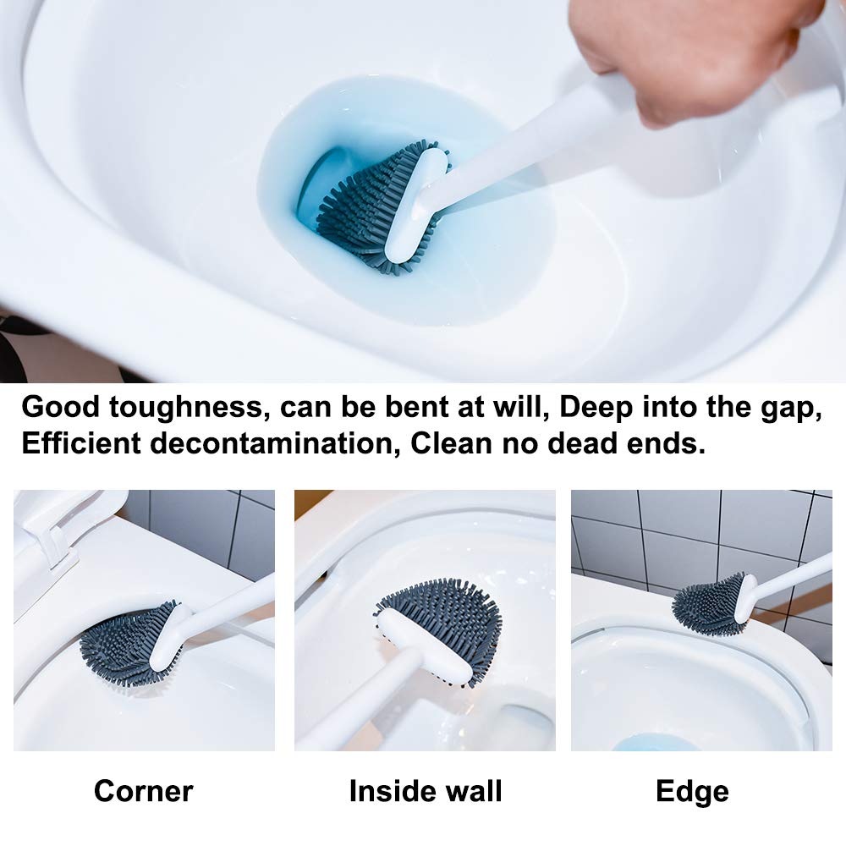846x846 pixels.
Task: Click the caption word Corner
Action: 143,791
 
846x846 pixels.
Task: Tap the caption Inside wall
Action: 426,791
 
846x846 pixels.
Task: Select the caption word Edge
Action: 691,791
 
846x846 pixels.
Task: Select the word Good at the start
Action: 54,408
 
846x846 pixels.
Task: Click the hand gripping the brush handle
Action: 685,51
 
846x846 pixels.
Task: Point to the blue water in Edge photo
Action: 656,743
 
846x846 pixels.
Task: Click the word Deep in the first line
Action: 596,408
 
